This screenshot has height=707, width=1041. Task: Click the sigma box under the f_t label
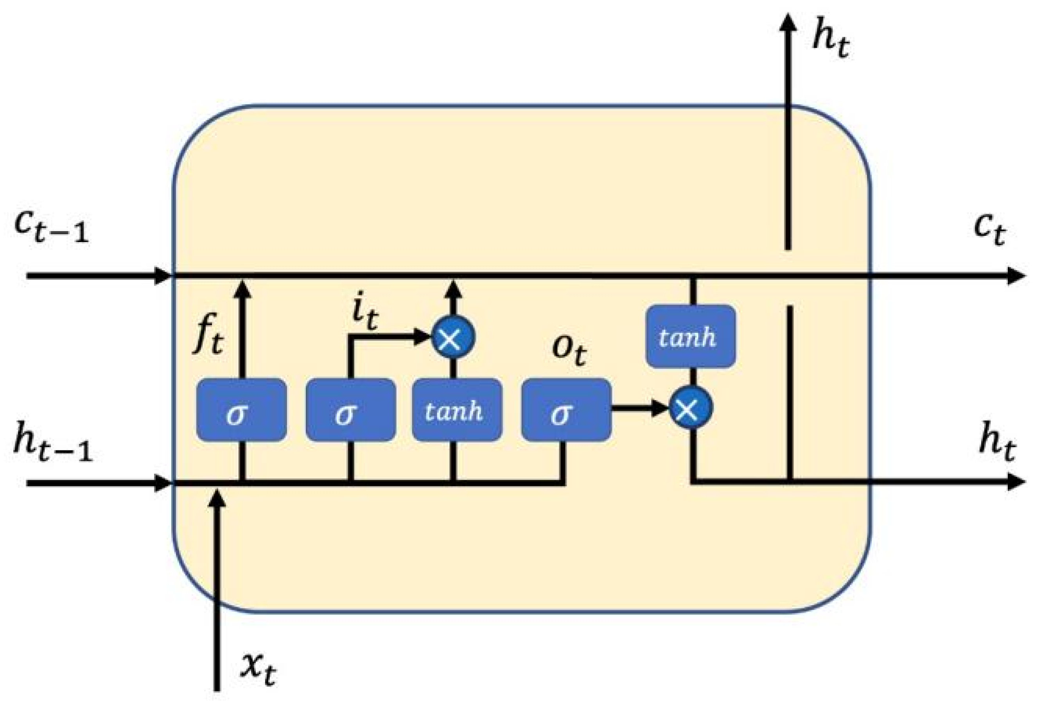(x=241, y=410)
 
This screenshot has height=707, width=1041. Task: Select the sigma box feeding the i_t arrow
(x=351, y=410)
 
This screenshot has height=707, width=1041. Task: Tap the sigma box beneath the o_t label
(x=566, y=410)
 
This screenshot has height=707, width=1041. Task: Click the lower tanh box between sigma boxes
(x=457, y=410)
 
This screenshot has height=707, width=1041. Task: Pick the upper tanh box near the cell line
(x=690, y=336)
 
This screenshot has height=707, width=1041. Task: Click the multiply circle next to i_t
(x=453, y=337)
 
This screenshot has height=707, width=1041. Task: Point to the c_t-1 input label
(x=52, y=226)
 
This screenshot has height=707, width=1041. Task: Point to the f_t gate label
(x=208, y=334)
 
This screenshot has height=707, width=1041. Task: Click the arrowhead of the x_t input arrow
(x=217, y=498)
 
